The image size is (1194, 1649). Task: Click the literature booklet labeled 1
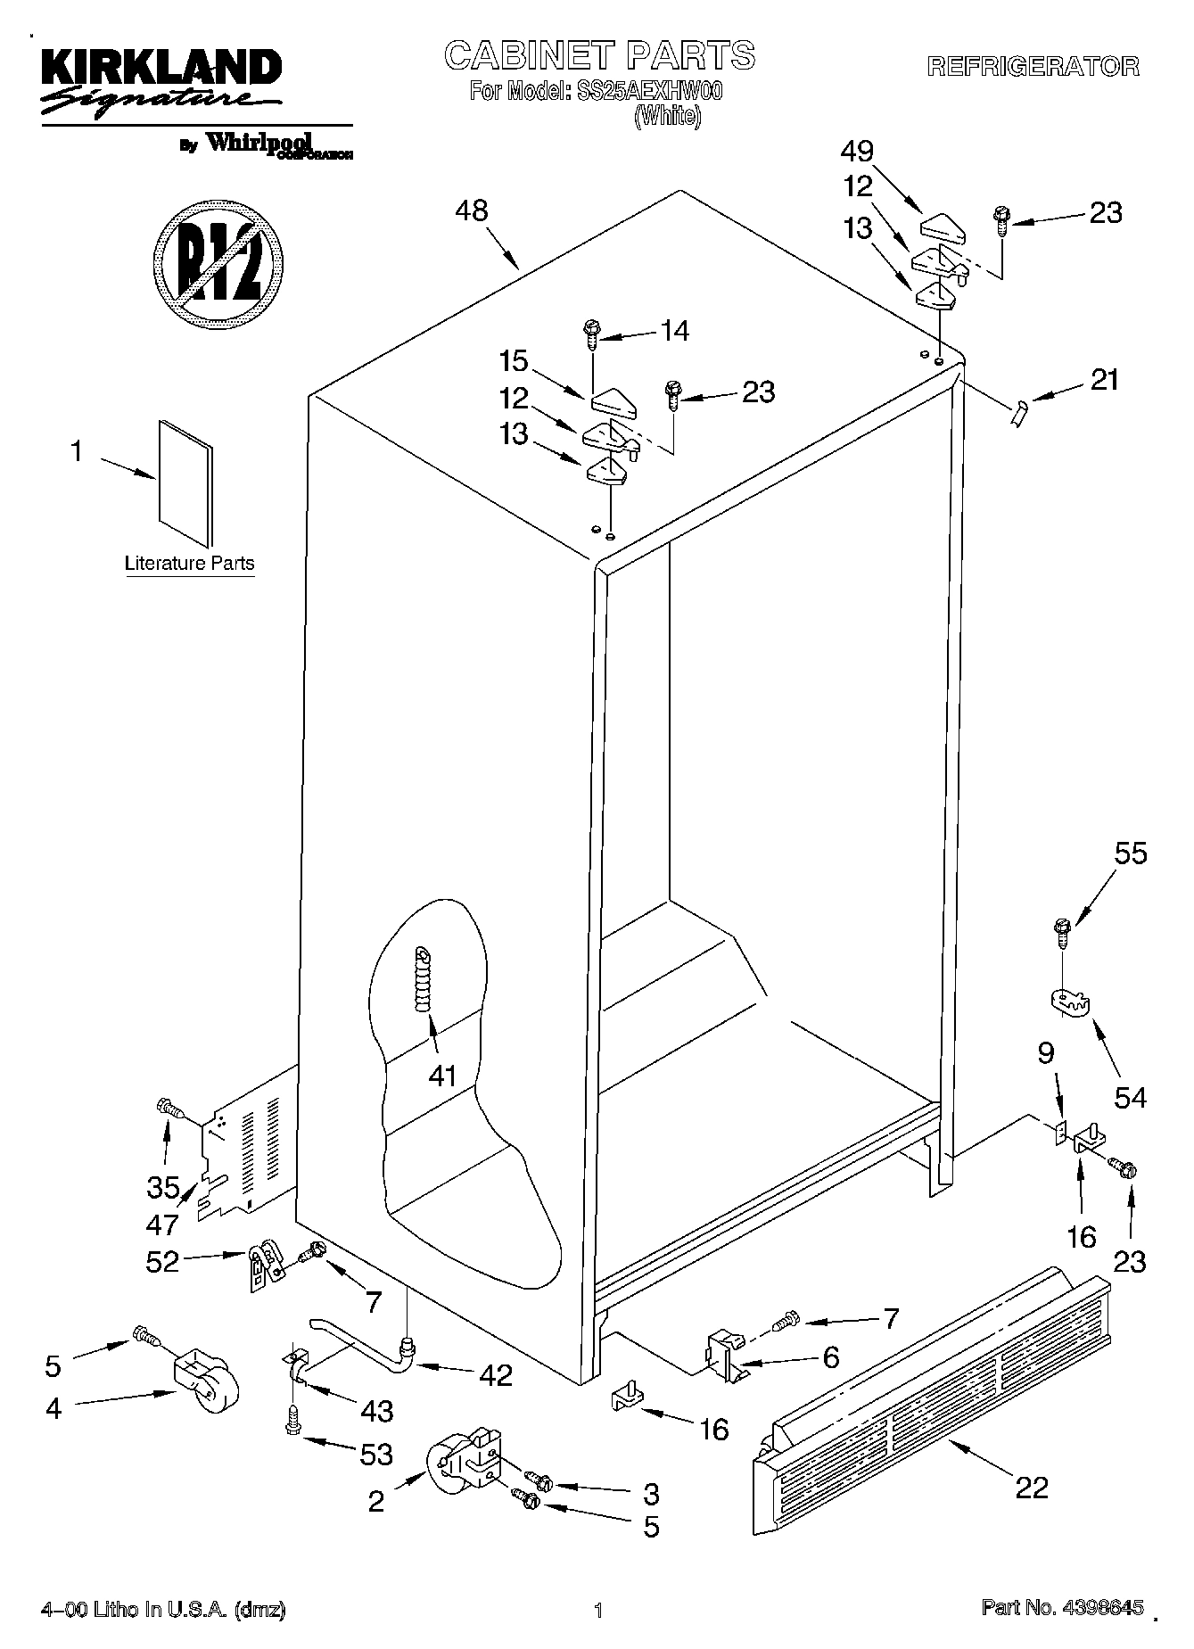(186, 482)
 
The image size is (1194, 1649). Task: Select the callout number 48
(472, 211)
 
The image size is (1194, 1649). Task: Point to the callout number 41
(443, 1075)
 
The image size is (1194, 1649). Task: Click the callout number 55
(1131, 853)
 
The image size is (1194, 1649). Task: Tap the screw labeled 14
(591, 333)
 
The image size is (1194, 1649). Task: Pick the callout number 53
(377, 1454)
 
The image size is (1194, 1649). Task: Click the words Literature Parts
(189, 564)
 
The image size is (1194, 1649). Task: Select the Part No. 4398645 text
(1062, 1607)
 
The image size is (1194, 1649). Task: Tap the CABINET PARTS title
(599, 55)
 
